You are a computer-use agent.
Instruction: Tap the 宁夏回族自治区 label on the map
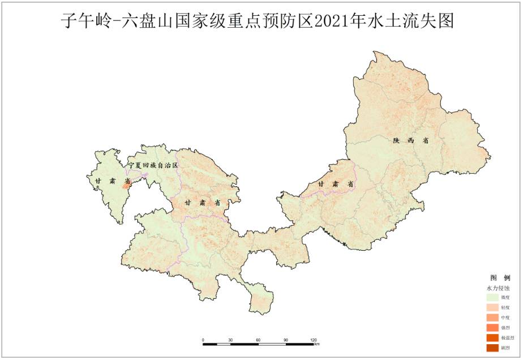click(x=153, y=165)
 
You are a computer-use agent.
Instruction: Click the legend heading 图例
click(x=500, y=278)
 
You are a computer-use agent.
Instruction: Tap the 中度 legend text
click(x=505, y=318)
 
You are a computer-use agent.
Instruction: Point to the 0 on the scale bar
click(x=203, y=340)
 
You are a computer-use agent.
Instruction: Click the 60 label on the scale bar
click(x=258, y=340)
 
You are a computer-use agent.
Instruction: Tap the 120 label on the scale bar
click(x=314, y=340)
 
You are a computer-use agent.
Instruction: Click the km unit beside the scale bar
click(x=317, y=344)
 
